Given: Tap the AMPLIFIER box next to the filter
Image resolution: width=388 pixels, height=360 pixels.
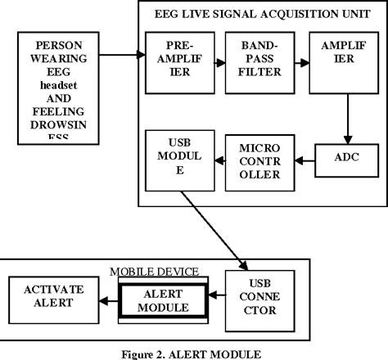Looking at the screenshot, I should [x=338, y=62].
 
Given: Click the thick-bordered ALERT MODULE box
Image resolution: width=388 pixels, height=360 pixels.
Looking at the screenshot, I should [x=163, y=300].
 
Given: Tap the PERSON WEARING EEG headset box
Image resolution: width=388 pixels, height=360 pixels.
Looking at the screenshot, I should [x=57, y=87].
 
